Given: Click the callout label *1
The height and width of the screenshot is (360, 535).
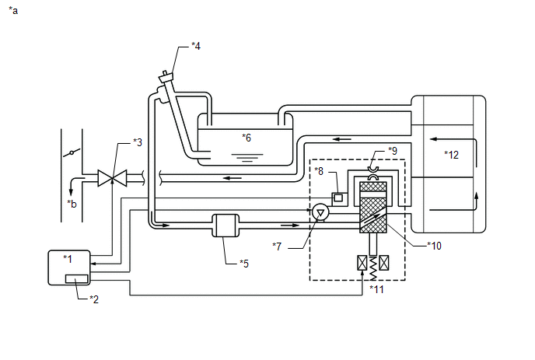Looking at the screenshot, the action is pyautogui.click(x=68, y=259).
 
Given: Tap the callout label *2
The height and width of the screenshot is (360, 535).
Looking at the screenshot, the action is pyautogui.click(x=94, y=299).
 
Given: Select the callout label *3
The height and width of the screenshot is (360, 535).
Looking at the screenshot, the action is pyautogui.click(x=138, y=142).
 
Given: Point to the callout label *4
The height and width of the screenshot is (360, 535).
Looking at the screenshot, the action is pyautogui.click(x=196, y=46).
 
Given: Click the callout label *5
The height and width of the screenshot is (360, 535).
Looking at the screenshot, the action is pyautogui.click(x=244, y=264).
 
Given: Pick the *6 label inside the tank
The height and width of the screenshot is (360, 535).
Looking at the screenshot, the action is pyautogui.click(x=247, y=138).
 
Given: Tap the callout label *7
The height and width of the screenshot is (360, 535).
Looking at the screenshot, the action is pyautogui.click(x=277, y=246).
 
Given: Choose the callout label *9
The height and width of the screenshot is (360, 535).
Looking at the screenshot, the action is pyautogui.click(x=393, y=151).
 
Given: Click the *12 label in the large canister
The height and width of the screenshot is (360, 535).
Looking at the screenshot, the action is pyautogui.click(x=451, y=155).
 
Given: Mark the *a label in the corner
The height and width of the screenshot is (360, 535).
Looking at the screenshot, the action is pyautogui.click(x=13, y=11).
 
